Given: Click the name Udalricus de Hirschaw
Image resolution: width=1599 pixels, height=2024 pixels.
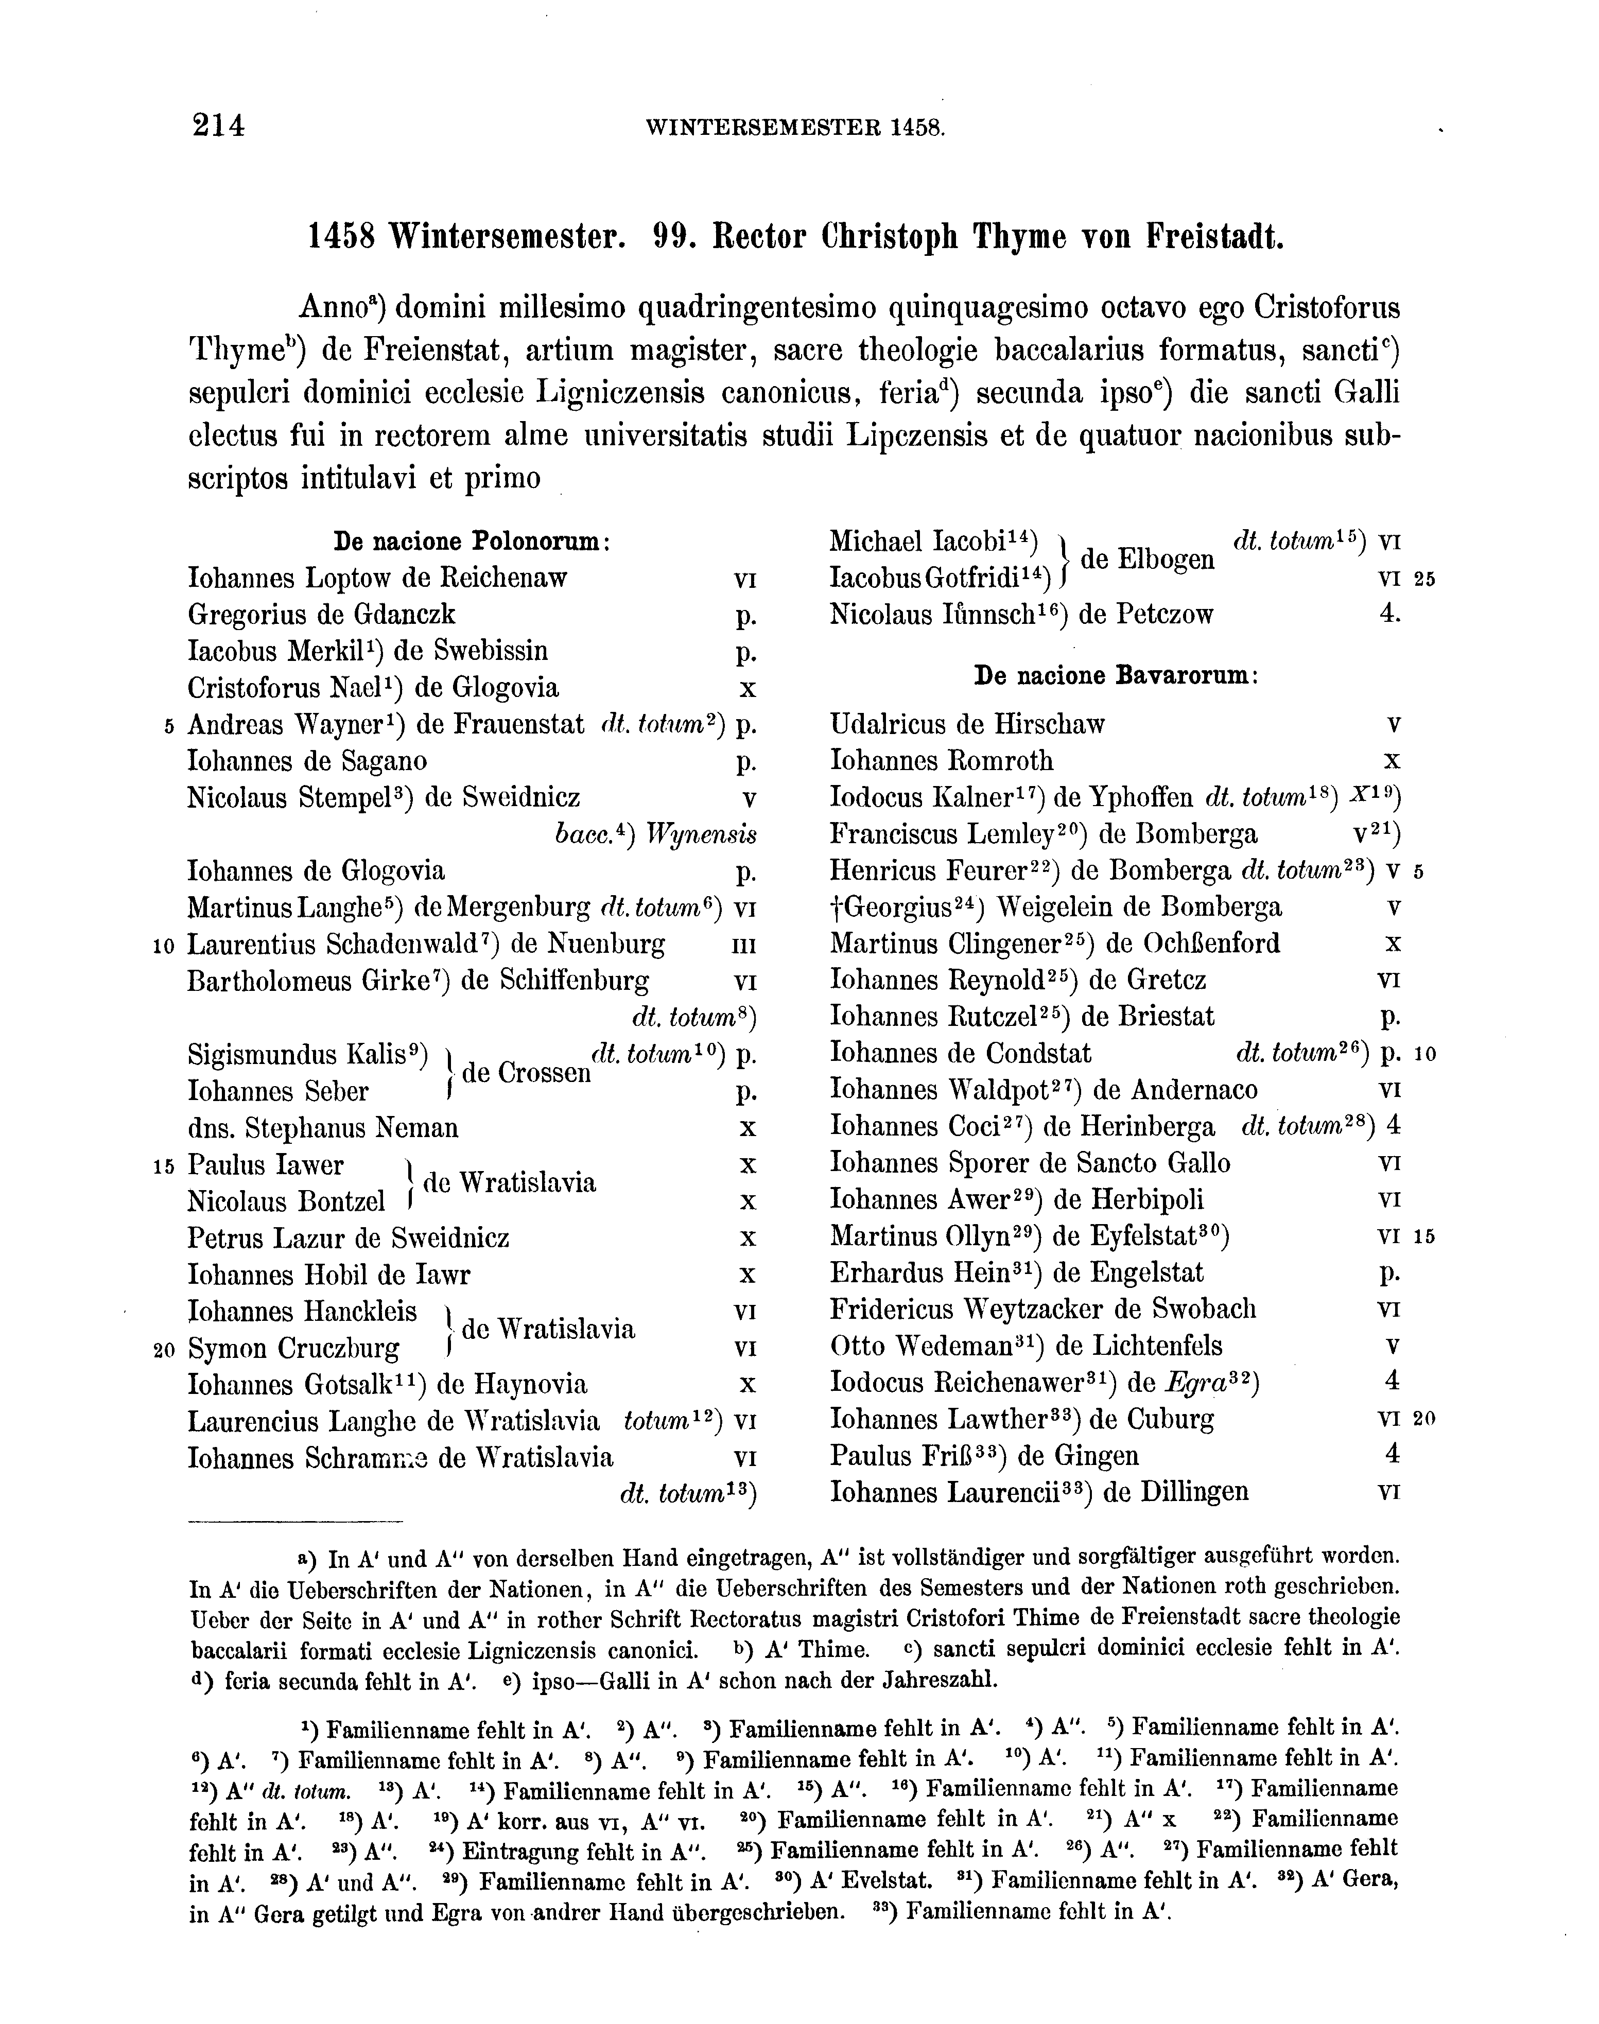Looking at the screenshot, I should pyautogui.click(x=967, y=725).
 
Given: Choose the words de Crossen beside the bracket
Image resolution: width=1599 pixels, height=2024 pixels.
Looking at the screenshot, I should pyautogui.click(x=526, y=1073).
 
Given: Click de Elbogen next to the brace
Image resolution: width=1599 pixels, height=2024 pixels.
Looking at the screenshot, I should pyautogui.click(x=1147, y=560).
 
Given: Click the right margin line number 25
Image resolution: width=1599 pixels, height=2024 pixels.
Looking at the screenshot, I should pyautogui.click(x=1424, y=580).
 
